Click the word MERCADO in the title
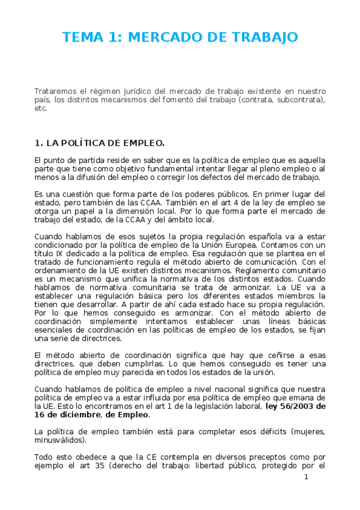[x=163, y=37]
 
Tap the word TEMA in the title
[x=83, y=37]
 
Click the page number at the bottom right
[x=306, y=477]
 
